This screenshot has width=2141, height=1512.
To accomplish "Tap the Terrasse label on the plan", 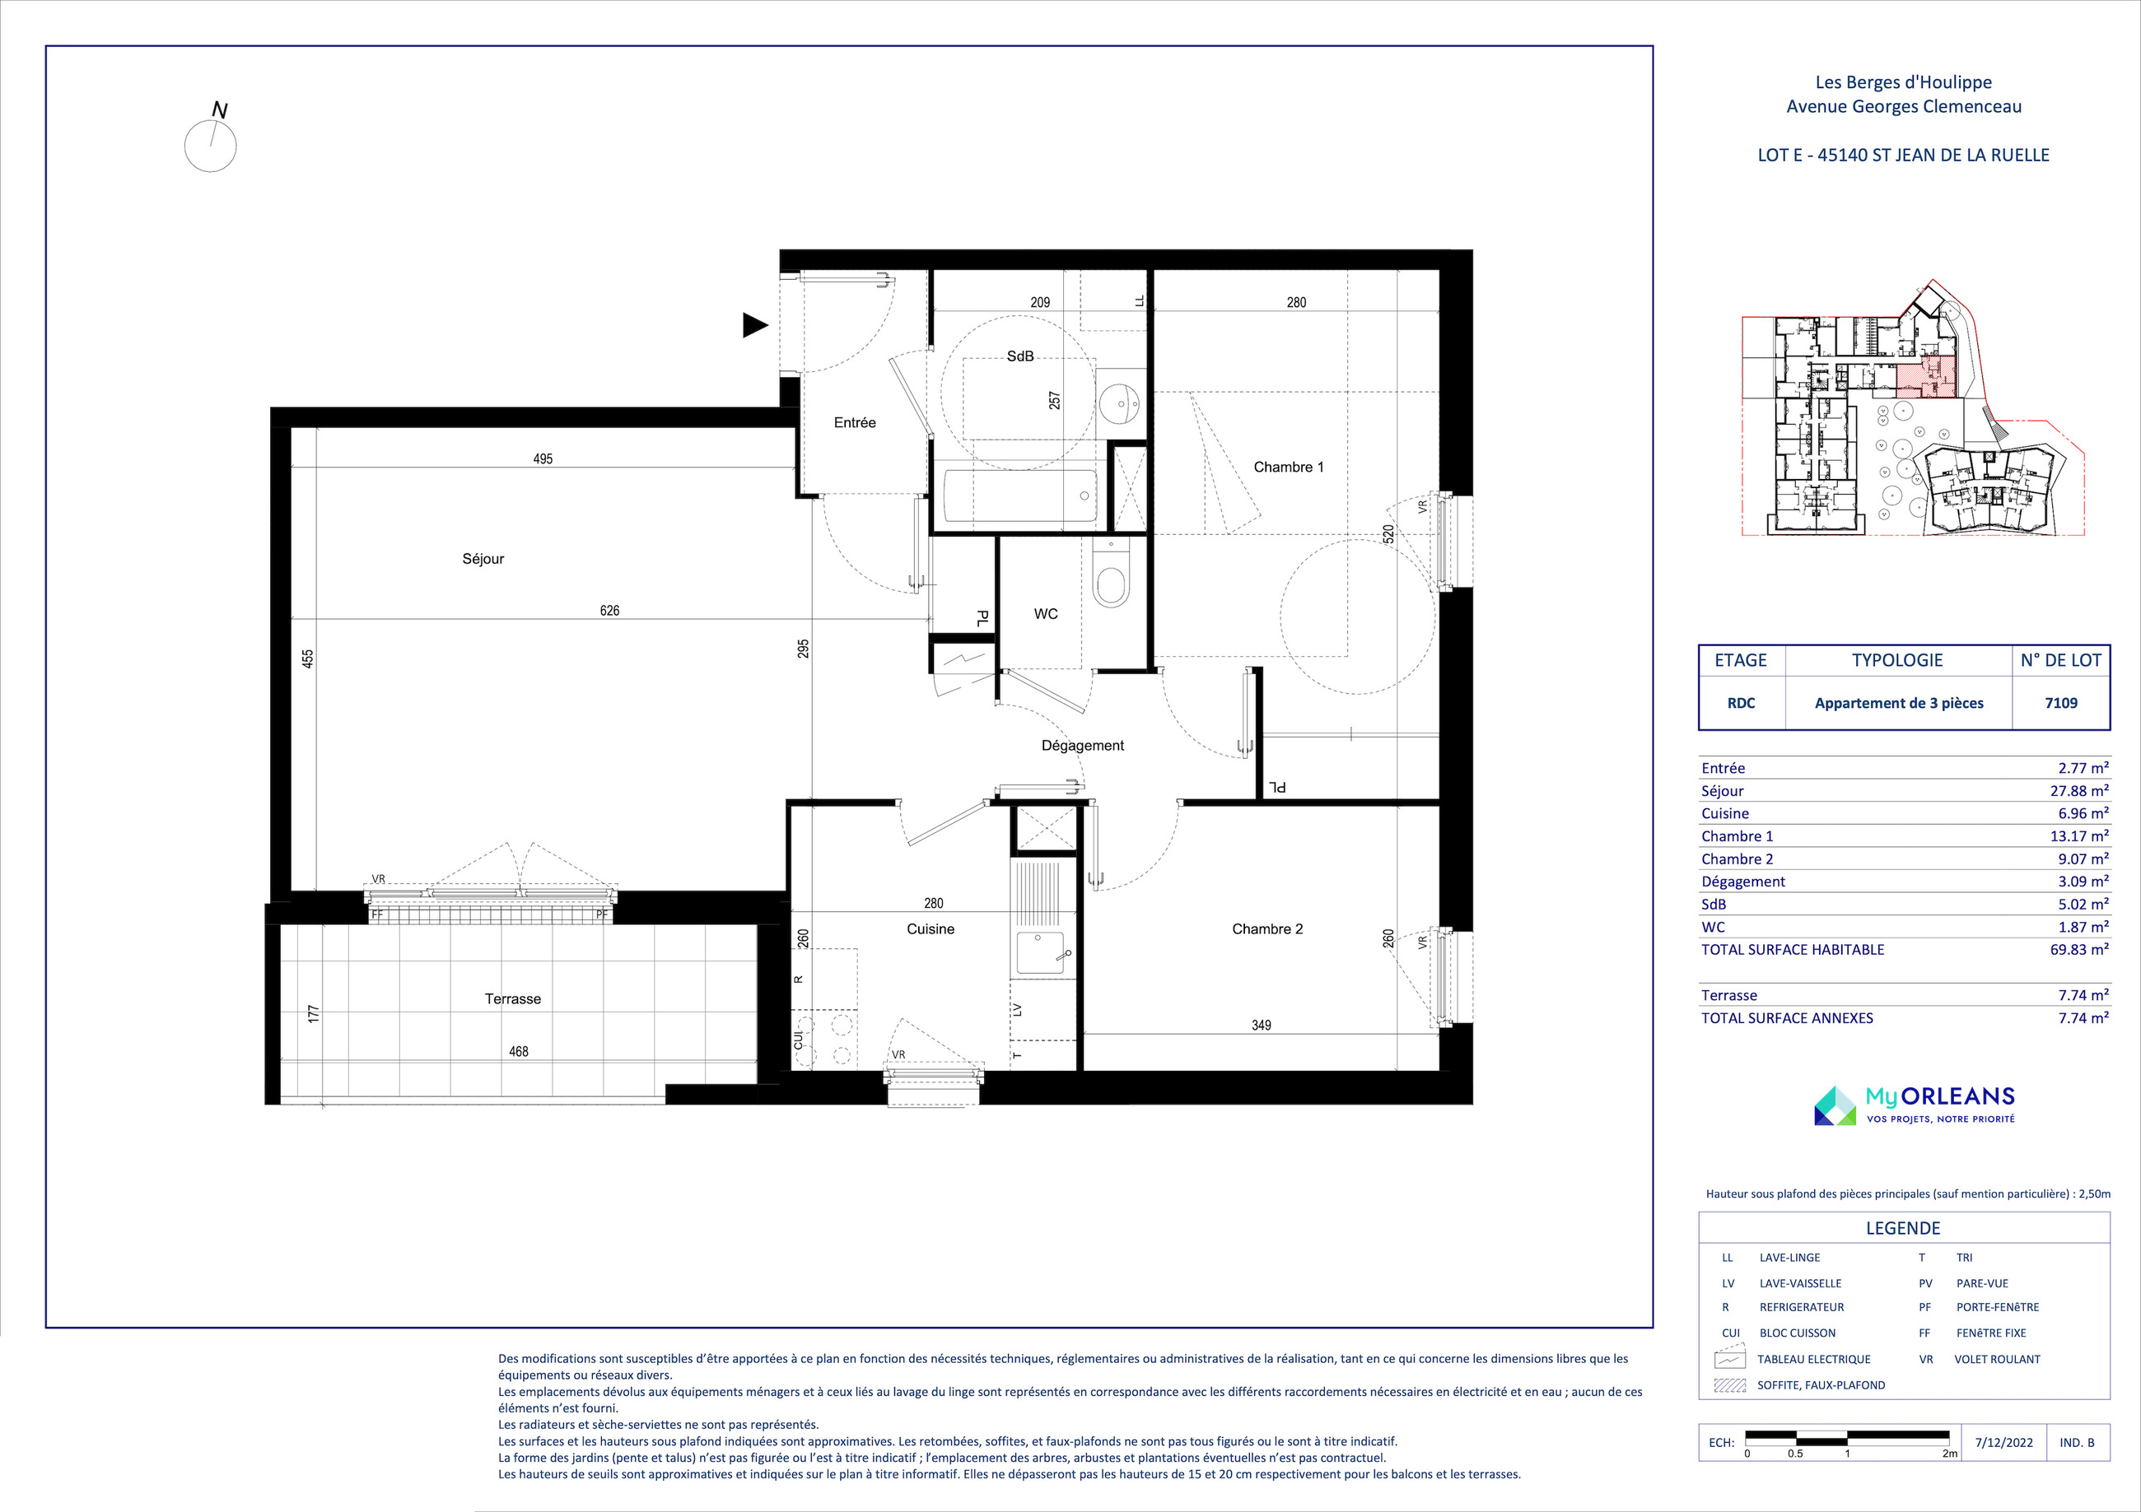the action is (x=513, y=999).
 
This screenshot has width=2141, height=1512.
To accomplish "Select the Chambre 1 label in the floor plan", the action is (x=1289, y=467).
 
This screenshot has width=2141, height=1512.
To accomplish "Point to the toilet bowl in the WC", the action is (x=1111, y=576).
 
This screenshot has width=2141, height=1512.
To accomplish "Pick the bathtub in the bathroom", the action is (x=1020, y=496).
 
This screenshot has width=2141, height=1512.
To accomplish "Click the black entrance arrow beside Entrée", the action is (x=755, y=325).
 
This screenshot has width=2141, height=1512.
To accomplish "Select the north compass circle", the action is (x=211, y=147).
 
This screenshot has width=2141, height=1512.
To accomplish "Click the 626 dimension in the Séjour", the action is (x=610, y=611).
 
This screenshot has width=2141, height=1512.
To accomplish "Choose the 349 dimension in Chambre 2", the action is (x=1261, y=1026).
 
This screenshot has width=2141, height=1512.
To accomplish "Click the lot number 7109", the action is (x=2061, y=703).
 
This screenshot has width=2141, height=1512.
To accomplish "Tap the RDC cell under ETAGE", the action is (x=1741, y=703).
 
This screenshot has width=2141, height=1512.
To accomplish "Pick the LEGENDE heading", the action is (x=1903, y=1229).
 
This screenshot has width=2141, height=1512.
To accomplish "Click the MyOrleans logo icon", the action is (x=1835, y=1105).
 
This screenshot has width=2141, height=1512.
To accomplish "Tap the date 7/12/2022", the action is (x=2004, y=1442).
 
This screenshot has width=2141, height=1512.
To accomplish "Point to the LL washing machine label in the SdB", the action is (x=1140, y=301).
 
